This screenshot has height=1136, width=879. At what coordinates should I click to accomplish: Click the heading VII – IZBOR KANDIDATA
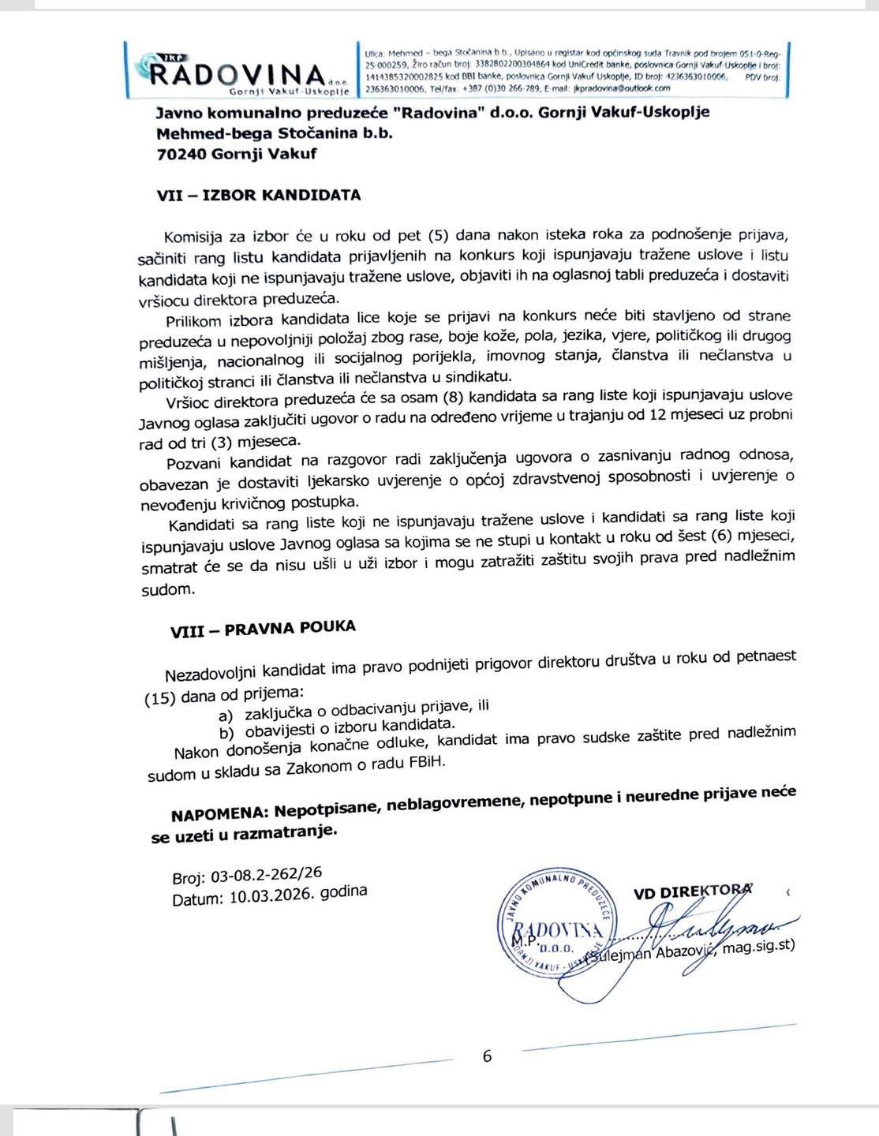click(259, 195)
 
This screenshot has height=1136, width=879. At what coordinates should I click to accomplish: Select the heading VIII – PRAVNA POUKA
click(263, 629)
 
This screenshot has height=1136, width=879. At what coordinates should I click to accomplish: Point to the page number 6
click(487, 1056)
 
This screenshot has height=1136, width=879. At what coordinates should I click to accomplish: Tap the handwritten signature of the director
click(710, 930)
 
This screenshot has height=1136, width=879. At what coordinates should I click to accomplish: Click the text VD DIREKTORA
click(692, 891)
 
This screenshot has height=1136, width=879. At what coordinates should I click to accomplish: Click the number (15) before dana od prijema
click(161, 697)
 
